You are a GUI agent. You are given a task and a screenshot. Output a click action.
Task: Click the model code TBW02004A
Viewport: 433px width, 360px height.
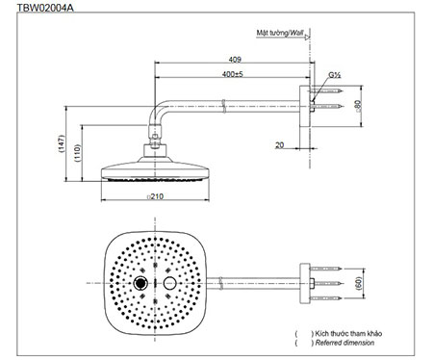pos(45,7)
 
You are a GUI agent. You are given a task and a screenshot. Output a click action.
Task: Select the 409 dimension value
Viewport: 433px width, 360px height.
pos(235,60)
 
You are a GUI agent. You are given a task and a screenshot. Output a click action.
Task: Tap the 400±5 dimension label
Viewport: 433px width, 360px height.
pos(233,74)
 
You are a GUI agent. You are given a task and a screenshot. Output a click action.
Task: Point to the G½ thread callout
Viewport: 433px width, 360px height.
pos(334,75)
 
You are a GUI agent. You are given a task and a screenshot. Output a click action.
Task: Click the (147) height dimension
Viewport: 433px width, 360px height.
pos(62,143)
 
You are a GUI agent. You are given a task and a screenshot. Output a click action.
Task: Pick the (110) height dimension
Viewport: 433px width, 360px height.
pos(78,153)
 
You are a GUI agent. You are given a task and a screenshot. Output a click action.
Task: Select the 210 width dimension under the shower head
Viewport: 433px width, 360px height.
pos(155,196)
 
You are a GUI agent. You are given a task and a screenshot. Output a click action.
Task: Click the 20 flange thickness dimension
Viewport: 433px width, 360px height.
pos(279,145)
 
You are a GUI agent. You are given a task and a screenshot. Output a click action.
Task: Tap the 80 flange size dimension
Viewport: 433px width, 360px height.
pos(358,106)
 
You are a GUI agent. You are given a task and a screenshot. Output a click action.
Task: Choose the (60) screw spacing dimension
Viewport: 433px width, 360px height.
pos(359,283)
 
